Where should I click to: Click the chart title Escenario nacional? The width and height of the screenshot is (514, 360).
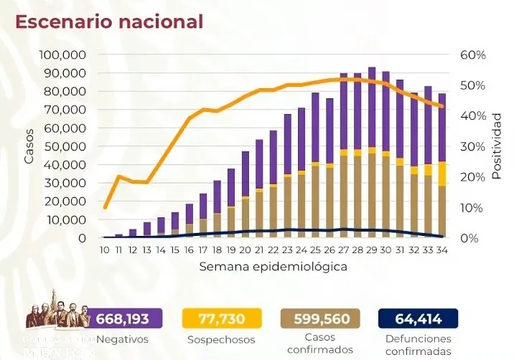pos(109,22)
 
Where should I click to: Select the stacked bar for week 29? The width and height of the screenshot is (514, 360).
pos(372,152)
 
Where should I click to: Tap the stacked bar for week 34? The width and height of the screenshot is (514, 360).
pos(442,165)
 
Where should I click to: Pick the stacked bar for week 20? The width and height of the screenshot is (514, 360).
pos(246,194)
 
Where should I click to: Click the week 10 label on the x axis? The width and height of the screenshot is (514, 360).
pos(105,250)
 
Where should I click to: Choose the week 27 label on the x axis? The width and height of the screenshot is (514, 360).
pos(344,250)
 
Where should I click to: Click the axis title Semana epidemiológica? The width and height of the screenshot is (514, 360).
pos(274,266)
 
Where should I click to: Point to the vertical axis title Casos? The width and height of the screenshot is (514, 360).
pos(29,146)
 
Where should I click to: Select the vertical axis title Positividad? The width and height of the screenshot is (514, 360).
pos(496,146)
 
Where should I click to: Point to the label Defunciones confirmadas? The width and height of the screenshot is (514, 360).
pos(418,344)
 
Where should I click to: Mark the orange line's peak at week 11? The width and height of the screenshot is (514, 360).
pos(118,176)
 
